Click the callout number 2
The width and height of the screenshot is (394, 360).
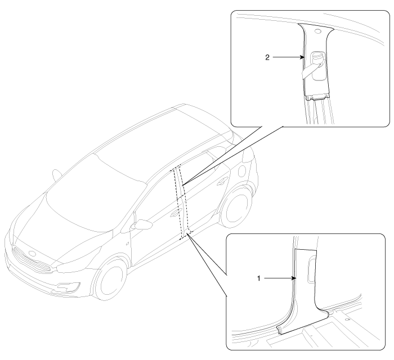267,57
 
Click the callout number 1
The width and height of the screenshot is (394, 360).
259,278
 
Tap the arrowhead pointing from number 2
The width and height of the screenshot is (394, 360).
302,57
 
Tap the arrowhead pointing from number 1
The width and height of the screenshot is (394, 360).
294,278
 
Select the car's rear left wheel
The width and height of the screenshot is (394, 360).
236,206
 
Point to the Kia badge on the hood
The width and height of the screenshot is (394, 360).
32,254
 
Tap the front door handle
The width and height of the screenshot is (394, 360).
174,214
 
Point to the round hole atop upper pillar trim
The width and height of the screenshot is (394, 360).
318,31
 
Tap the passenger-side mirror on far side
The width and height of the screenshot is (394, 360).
57,175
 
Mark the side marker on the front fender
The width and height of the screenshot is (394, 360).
128,243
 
